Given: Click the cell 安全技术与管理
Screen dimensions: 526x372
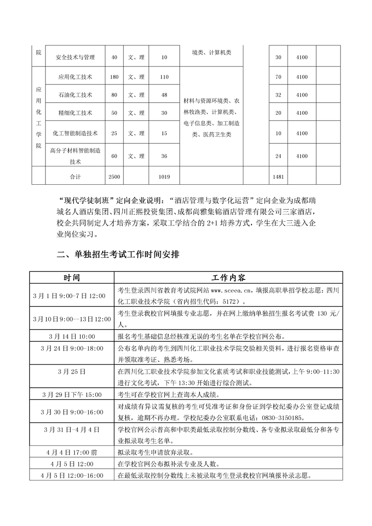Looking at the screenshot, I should click(75, 57).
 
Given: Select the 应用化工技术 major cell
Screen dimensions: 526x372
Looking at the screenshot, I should click(75, 76).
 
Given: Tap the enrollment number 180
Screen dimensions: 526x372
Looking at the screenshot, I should click(114, 76).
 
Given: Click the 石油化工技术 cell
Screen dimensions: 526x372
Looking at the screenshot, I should click(75, 95).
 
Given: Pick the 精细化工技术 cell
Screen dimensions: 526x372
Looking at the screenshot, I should click(75, 113).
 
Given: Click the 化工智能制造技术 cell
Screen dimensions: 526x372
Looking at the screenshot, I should click(75, 133).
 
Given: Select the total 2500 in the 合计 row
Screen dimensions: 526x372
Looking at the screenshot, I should click(114, 177).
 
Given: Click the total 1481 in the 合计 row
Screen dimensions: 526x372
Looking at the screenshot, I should click(278, 177).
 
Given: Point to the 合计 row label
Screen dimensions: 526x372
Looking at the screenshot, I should click(75, 177).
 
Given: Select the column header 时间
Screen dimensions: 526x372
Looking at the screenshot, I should click(72, 278).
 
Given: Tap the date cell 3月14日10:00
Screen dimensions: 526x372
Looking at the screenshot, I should click(72, 337).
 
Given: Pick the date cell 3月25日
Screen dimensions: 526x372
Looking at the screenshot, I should click(72, 371).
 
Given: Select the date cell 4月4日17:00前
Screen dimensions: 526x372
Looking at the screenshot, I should click(72, 453).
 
